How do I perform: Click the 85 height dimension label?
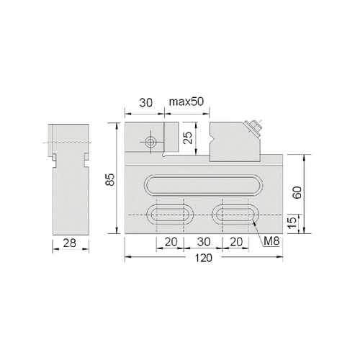point(110,179)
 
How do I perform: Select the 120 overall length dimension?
point(203,258)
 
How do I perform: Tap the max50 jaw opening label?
point(186,102)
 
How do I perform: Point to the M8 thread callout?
point(271,241)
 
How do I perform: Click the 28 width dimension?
point(70,243)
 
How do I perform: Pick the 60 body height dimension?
point(297,192)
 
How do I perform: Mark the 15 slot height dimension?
point(292,223)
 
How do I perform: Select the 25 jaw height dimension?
point(188,138)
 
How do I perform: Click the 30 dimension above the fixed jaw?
point(146,103)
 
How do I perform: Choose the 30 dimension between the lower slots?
point(204,242)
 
